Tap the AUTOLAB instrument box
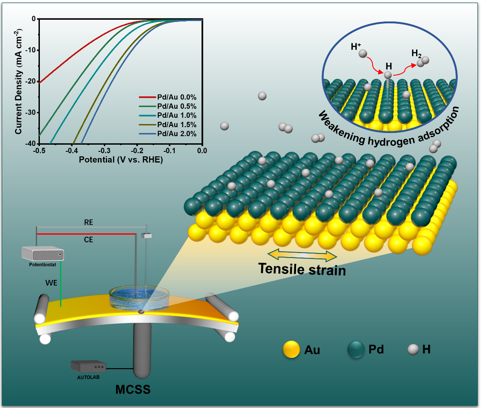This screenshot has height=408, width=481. tap(88, 366)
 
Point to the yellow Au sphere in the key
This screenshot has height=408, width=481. tap(291, 350)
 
